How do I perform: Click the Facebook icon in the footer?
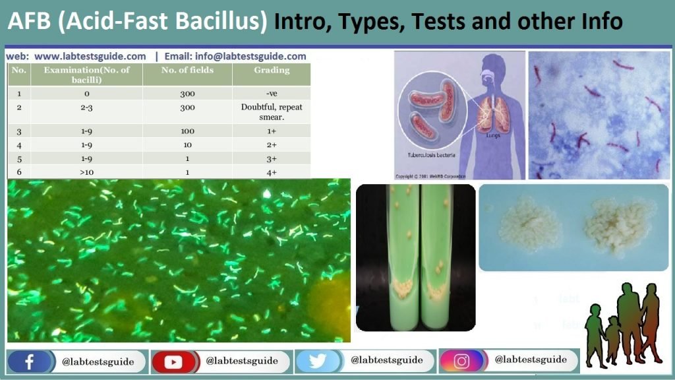click(x=29, y=362)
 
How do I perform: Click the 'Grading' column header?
click(x=271, y=70)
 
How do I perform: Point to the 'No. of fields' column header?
click(x=187, y=70)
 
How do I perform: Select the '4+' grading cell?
click(x=271, y=172)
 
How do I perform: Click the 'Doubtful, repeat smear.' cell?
click(x=271, y=111)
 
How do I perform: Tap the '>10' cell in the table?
click(x=87, y=172)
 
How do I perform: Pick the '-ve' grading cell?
click(x=271, y=93)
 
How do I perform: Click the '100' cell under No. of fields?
click(x=187, y=131)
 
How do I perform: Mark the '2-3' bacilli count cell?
click(x=87, y=107)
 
